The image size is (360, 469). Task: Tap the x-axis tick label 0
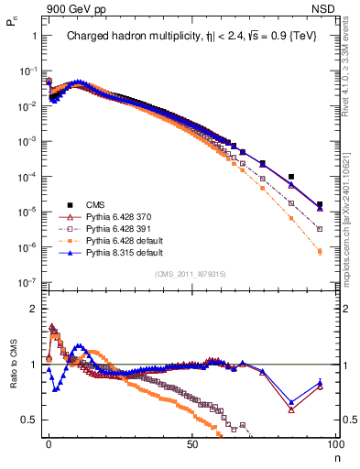pyautogui.click(x=49, y=442)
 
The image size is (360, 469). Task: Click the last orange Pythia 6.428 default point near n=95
pyautogui.click(x=320, y=251)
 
